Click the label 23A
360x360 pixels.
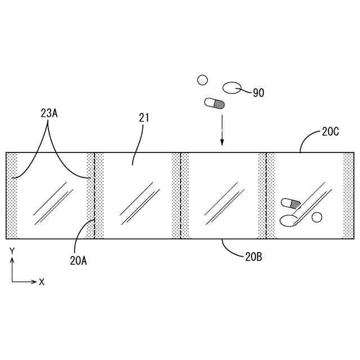pos(49,112)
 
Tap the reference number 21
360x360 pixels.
pos(144,117)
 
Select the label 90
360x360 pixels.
pos(258,93)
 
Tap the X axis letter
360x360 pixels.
pos(42,282)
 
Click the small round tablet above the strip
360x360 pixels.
pos(202,80)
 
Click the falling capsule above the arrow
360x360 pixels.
pos(215,103)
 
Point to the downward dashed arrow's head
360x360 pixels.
pos(222,143)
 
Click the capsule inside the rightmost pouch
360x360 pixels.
pos(291,203)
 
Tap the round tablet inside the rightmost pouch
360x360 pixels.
pos(317,217)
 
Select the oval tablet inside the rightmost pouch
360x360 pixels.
pos(288,220)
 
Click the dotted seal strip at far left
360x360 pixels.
pos(12,195)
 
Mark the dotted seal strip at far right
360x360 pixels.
pos(348,195)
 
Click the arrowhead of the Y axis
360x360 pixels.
pos(12,260)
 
